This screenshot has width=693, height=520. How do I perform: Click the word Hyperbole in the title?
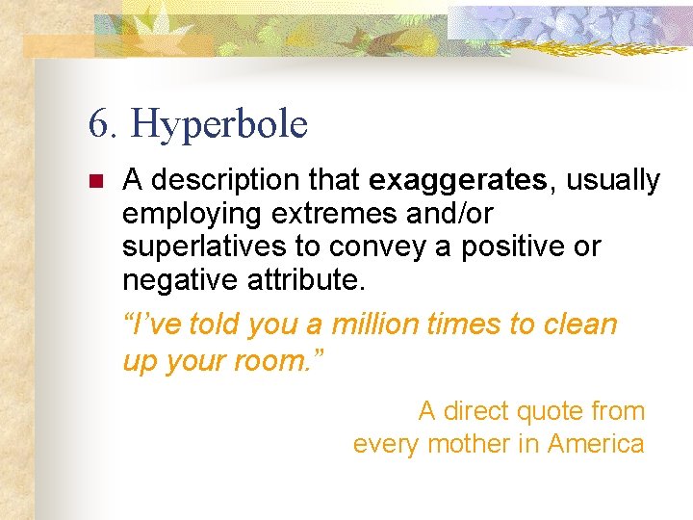click(x=218, y=124)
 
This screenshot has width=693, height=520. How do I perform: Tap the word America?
click(x=597, y=444)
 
